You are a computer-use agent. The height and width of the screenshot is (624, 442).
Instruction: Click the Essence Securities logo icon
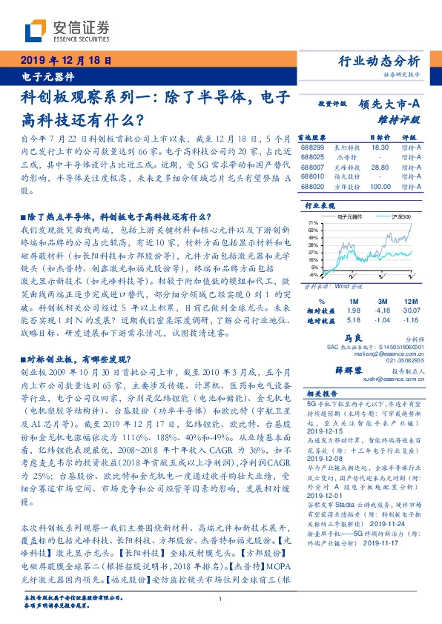(x=37, y=30)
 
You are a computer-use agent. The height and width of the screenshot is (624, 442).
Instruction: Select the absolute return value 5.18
(x=353, y=319)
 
